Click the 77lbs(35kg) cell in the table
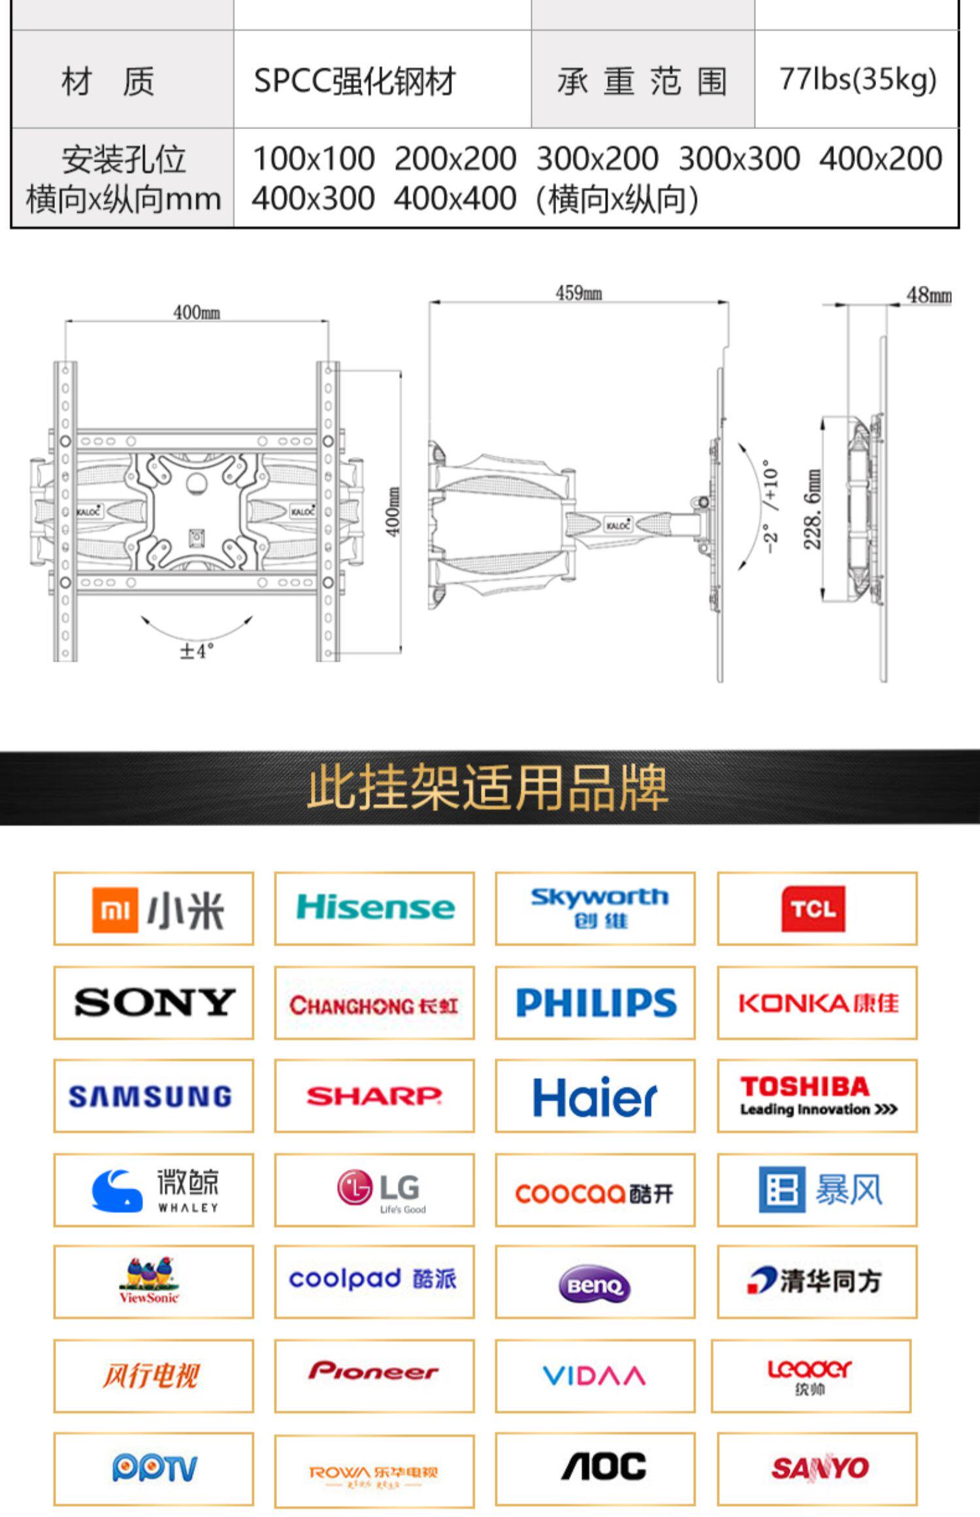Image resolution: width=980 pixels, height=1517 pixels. tap(857, 80)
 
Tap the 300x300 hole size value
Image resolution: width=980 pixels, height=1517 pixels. tap(739, 159)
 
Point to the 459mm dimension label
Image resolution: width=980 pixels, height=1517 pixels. tap(578, 293)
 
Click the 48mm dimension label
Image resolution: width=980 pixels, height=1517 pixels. tap(928, 295)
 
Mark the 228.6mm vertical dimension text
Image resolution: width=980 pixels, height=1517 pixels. tap(812, 509)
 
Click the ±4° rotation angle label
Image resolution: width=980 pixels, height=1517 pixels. tap(196, 651)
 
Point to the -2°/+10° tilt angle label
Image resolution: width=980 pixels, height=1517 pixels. tap(771, 506)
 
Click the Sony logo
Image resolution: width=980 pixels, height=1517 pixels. tap(154, 1002)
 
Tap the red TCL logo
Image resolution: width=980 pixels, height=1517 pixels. tap(813, 908)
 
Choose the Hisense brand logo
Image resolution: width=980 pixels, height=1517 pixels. tap(375, 907)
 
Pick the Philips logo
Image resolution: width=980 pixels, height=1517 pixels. tap(596, 1002)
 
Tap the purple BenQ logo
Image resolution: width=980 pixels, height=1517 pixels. tap(595, 1284)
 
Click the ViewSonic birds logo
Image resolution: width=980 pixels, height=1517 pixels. tap(150, 1280)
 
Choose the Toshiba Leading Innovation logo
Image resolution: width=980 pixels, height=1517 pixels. tap(817, 1096)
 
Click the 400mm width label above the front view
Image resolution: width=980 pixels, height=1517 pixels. tap(196, 312)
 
